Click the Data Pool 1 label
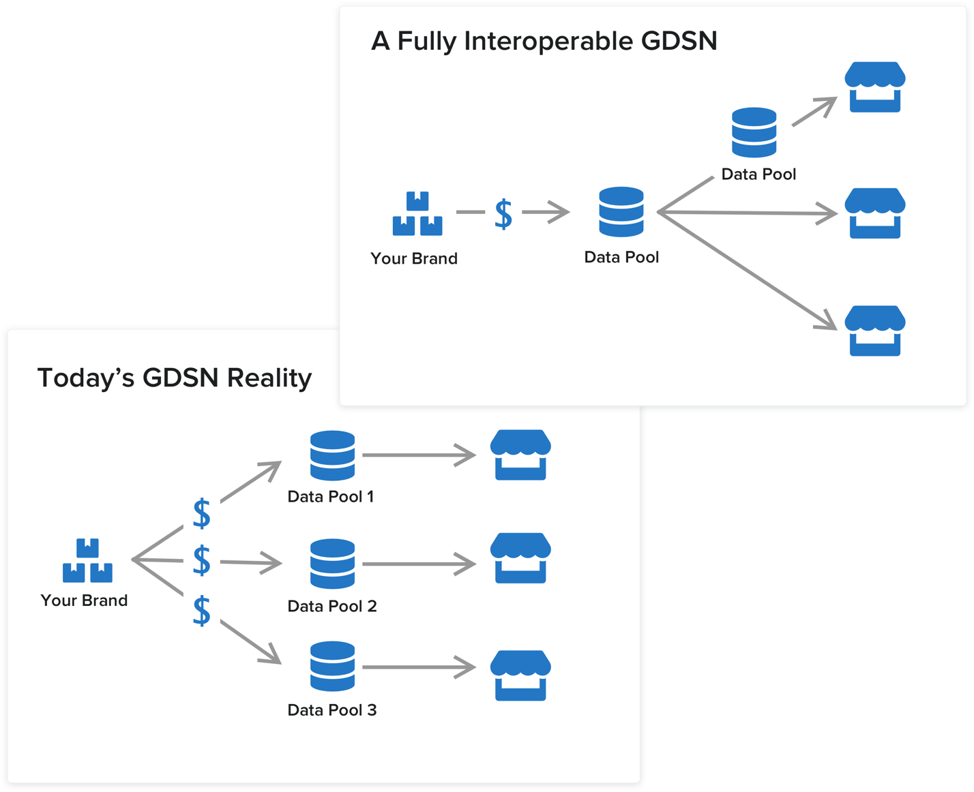pos(331,497)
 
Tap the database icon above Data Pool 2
pos(332,564)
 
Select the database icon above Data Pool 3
pos(332,666)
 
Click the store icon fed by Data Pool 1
pos(520,455)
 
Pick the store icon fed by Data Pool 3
pos(520,675)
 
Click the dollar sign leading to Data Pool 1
pos(202,513)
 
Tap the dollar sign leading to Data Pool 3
pos(202,611)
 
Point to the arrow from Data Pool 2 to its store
pos(418,564)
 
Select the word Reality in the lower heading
pos(269,378)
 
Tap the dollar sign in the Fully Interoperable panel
pos(503,214)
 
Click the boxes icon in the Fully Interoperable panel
pos(417,214)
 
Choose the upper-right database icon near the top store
pos(754,132)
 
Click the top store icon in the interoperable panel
pos(875,87)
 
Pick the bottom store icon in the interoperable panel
pos(875,331)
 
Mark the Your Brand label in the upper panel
pos(414,259)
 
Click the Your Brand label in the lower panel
pos(84,600)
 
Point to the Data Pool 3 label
pos(332,710)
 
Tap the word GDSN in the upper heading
pos(679,42)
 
